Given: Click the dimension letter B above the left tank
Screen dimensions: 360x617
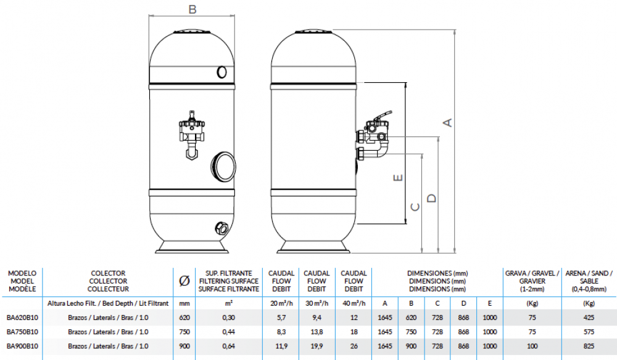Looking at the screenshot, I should pyautogui.click(x=193, y=9).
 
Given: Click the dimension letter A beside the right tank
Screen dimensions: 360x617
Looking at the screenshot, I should pyautogui.click(x=449, y=122).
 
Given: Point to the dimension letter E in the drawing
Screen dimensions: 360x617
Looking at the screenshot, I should pyautogui.click(x=398, y=177).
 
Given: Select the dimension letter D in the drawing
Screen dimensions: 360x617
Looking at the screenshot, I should pyautogui.click(x=432, y=198).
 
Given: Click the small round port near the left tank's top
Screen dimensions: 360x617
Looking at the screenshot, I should pyautogui.click(x=222, y=73).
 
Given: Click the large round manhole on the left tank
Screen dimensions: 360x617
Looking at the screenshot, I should pyautogui.click(x=223, y=166).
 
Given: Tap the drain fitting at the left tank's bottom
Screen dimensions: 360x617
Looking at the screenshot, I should pyautogui.click(x=220, y=226).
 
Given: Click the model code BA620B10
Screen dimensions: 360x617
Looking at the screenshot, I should pyautogui.click(x=22, y=318).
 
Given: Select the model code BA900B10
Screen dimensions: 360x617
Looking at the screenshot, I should pyautogui.click(x=22, y=346).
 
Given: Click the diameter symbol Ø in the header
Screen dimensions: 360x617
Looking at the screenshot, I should pyautogui.click(x=184, y=280).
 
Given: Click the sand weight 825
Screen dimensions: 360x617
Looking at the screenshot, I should pyautogui.click(x=588, y=346).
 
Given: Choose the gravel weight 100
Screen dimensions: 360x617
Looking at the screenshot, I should pyautogui.click(x=532, y=346).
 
